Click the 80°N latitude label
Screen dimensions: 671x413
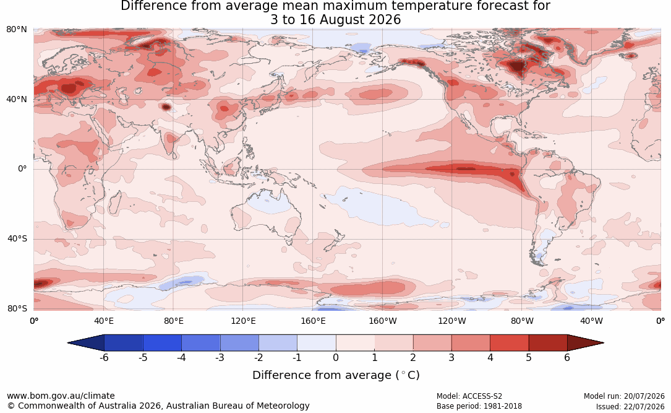point(16,30)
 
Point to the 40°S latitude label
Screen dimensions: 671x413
point(17,238)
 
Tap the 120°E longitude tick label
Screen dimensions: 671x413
point(243,321)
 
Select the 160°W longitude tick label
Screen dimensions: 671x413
point(383,321)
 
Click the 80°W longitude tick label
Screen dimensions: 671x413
point(522,321)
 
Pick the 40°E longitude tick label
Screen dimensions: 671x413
point(103,321)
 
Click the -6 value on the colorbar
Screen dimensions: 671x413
point(104,357)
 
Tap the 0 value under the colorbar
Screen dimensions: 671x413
point(336,357)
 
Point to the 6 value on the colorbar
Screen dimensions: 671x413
point(567,357)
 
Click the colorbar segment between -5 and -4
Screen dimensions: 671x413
point(162,343)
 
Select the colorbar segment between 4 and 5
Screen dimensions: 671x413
point(509,343)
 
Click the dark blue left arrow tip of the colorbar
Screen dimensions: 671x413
point(69,343)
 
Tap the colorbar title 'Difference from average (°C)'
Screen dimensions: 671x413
point(336,375)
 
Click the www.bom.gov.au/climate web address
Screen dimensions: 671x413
point(61,396)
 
